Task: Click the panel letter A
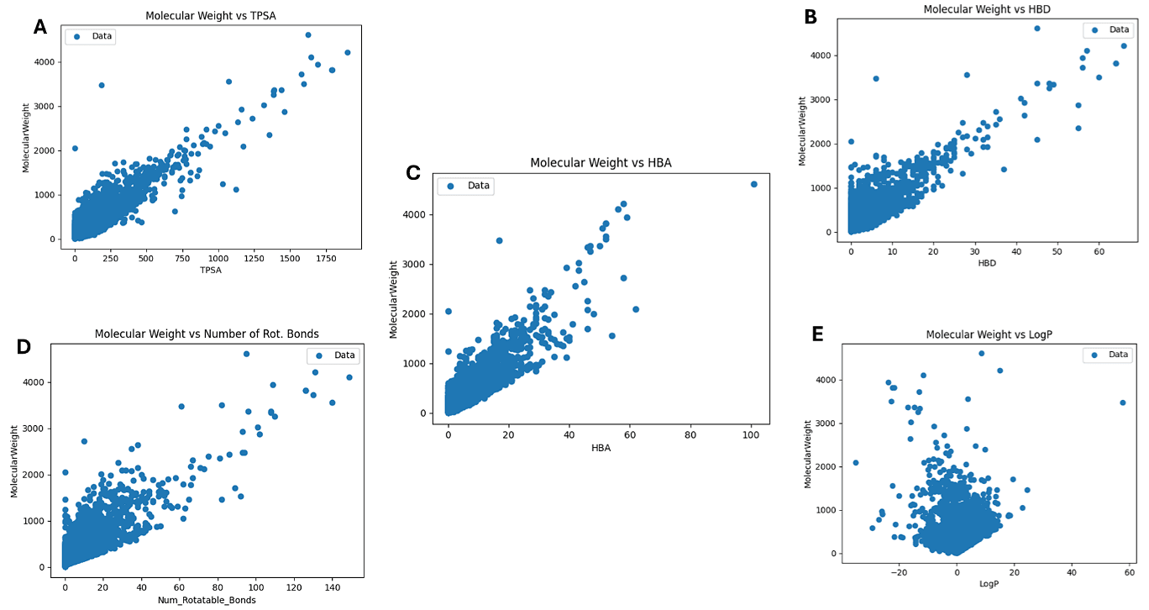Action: pyautogui.click(x=40, y=28)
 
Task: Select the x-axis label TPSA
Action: pyautogui.click(x=211, y=270)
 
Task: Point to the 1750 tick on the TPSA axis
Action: pyautogui.click(x=327, y=258)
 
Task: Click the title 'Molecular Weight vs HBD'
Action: pyautogui.click(x=987, y=9)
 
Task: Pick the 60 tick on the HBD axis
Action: pyautogui.click(x=1099, y=251)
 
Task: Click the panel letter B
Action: pyautogui.click(x=811, y=16)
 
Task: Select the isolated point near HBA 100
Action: pyautogui.click(x=753, y=184)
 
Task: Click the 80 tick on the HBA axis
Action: pyautogui.click(x=690, y=435)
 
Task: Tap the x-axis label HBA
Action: pyautogui.click(x=601, y=448)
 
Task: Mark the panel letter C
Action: pyautogui.click(x=412, y=173)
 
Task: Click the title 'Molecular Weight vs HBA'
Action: pyautogui.click(x=601, y=163)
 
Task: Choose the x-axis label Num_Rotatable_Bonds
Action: pyautogui.click(x=207, y=600)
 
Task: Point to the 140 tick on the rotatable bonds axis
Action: pyautogui.click(x=332, y=587)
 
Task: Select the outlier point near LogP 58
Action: pyautogui.click(x=1122, y=402)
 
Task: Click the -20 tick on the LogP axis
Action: pyautogui.click(x=900, y=572)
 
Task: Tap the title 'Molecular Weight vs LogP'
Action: pyautogui.click(x=989, y=334)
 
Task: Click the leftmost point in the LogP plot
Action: pyautogui.click(x=856, y=462)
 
